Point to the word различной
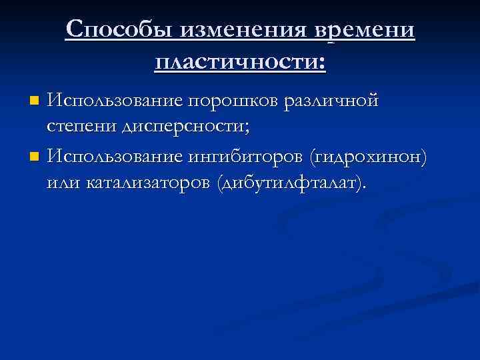coord(331,101)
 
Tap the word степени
coord(76,127)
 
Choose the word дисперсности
coord(179,127)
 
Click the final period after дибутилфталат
coord(365,187)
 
